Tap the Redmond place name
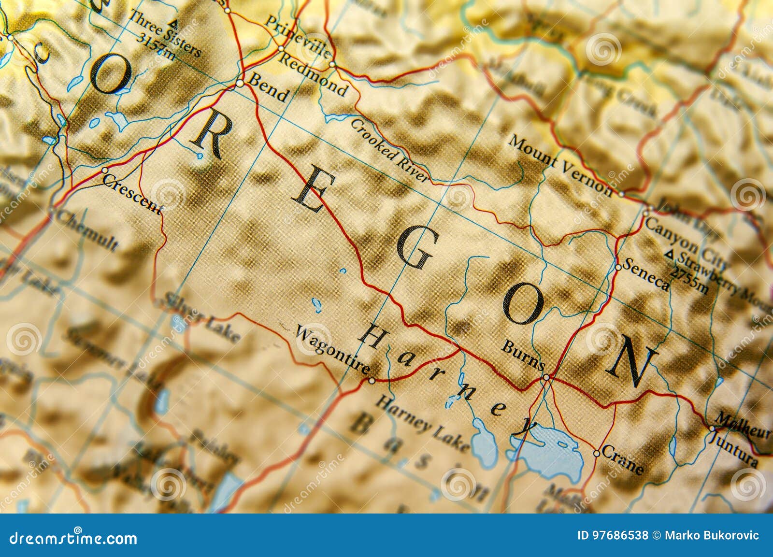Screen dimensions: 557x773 pos(314,74)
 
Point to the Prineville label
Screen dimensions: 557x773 pos(299,37)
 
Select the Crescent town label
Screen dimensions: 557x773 pos(132,194)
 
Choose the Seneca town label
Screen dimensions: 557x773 pos(646,274)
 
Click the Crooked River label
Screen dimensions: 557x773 pos(389,150)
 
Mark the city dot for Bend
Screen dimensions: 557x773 pos(240,84)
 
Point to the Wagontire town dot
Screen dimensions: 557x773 pos(372,381)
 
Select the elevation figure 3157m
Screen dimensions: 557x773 pos(156,46)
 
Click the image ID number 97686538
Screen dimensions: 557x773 pos(613,535)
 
